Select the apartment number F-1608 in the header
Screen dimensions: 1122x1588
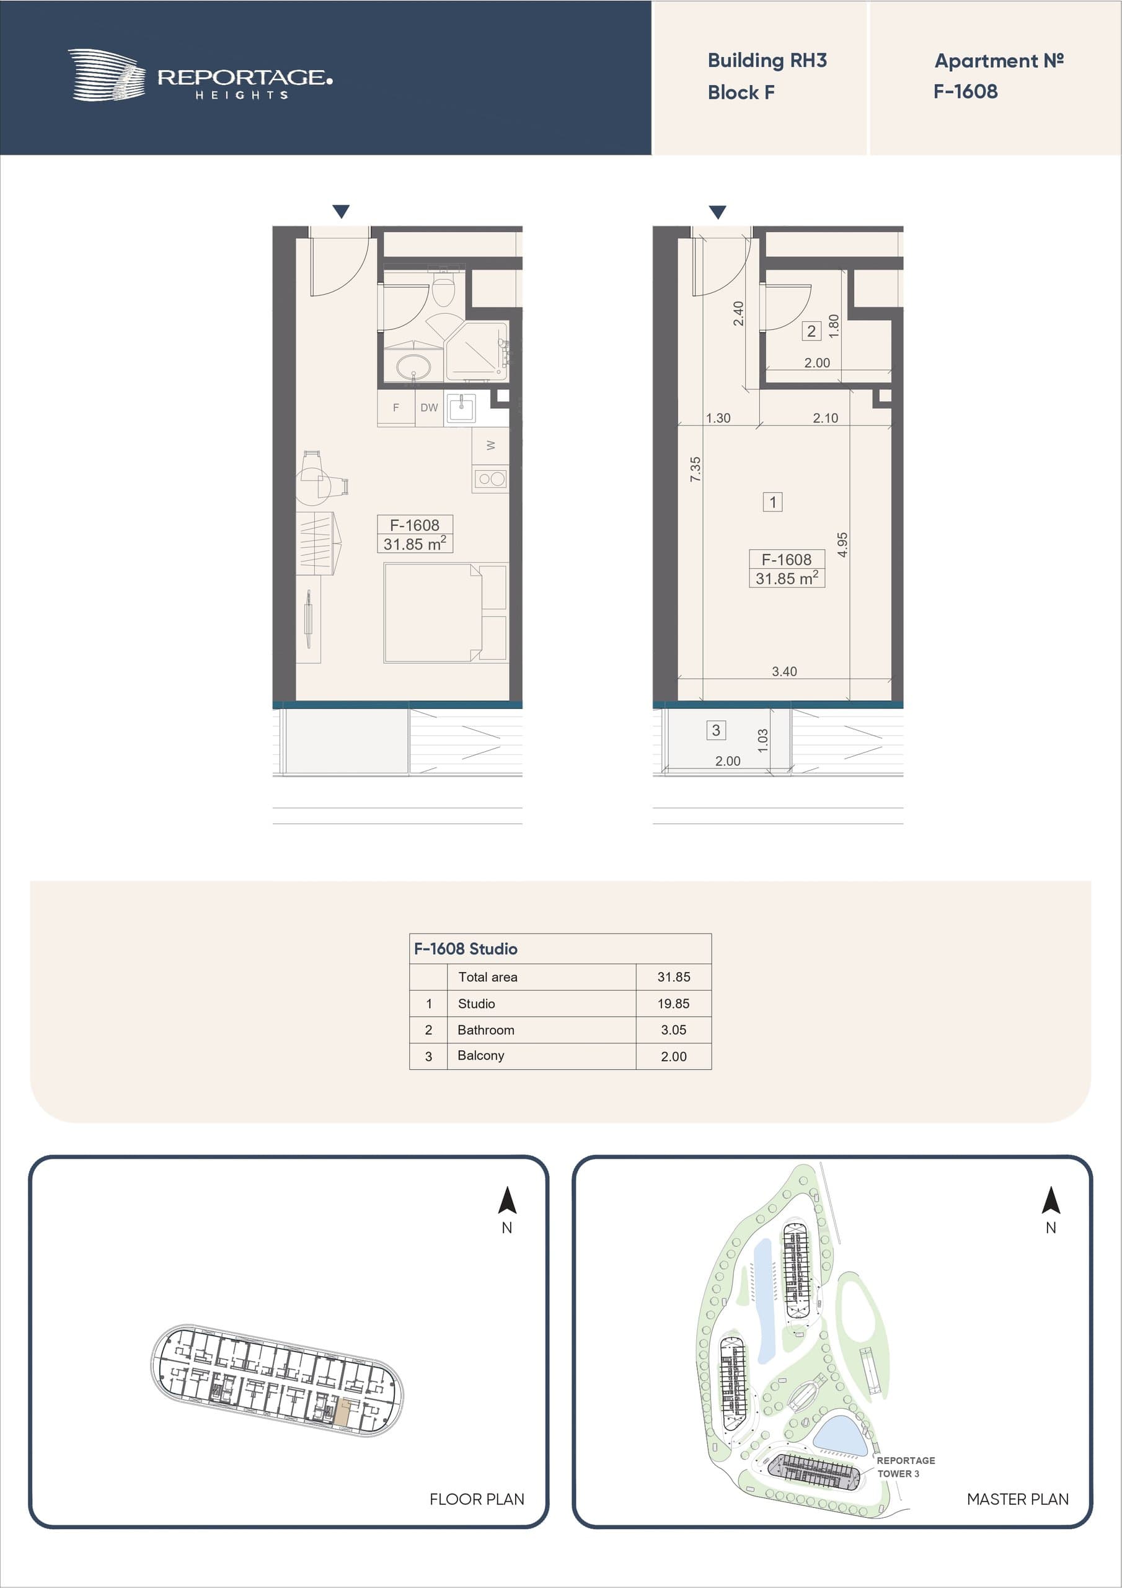coord(965,91)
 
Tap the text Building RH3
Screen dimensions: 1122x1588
coord(767,61)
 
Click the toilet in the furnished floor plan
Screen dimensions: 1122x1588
coord(443,289)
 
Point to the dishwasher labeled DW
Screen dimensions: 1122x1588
coord(430,408)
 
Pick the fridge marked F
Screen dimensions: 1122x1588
coord(396,408)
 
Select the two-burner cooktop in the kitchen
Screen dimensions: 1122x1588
coord(491,479)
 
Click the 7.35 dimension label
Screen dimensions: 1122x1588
coord(696,470)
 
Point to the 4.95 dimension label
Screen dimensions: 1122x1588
coord(842,544)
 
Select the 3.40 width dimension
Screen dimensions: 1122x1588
coord(784,671)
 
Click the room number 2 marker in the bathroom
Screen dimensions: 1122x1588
coord(811,331)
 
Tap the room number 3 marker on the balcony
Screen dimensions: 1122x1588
coord(715,729)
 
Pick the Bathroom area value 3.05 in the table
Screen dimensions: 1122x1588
coord(673,1030)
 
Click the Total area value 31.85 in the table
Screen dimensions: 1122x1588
coord(673,976)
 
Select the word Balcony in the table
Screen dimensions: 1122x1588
coord(480,1055)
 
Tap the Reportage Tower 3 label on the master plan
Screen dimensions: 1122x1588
coord(906,1467)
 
